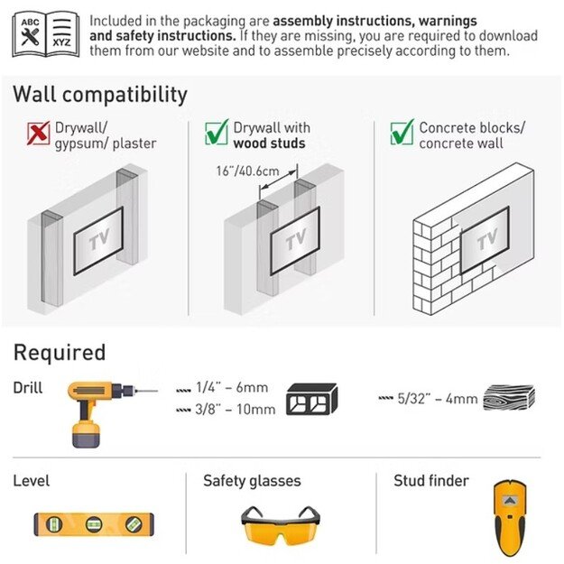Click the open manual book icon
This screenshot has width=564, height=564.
(46, 34)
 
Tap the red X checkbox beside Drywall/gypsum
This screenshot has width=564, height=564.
(39, 133)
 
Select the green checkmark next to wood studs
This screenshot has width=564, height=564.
(217, 132)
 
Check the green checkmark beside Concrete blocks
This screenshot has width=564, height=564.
(402, 132)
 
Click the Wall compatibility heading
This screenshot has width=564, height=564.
(100, 95)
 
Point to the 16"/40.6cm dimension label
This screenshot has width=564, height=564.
(247, 171)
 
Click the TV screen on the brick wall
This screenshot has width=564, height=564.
(485, 240)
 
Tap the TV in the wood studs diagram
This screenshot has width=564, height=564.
(295, 241)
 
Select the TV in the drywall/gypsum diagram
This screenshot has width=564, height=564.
(98, 241)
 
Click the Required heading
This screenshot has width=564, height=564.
(60, 352)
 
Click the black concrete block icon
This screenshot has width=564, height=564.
(311, 399)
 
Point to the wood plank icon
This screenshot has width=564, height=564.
(509, 397)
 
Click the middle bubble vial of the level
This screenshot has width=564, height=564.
(94, 524)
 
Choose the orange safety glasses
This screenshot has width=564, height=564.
(281, 525)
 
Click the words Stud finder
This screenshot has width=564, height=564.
(431, 481)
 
